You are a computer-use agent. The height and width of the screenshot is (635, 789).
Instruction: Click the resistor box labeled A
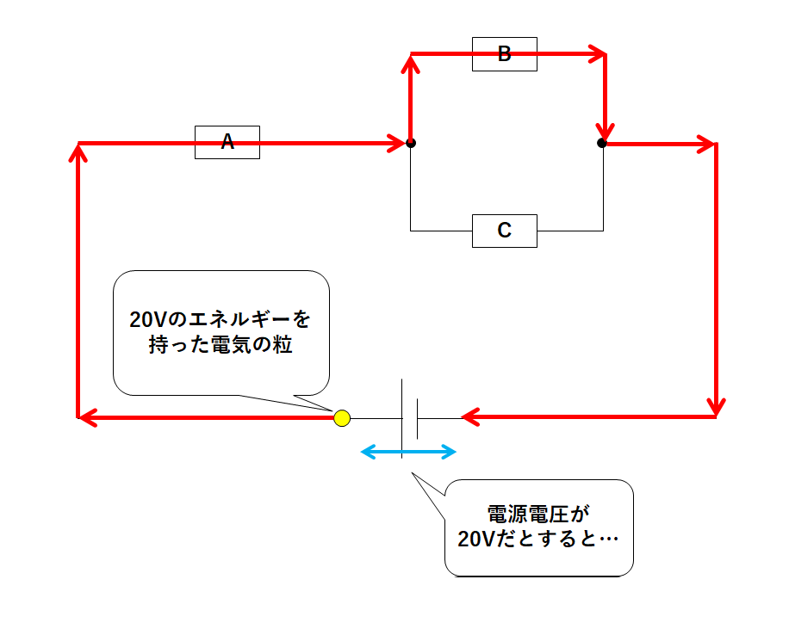[x=227, y=142]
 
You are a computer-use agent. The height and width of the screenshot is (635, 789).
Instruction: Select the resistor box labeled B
[x=505, y=54]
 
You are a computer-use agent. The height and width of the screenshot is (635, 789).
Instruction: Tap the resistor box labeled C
[x=505, y=231]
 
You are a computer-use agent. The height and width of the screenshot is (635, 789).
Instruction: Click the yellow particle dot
[x=342, y=418]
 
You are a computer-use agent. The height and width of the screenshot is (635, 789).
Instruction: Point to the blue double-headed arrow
[x=407, y=451]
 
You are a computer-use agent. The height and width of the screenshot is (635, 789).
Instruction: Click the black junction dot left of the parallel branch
[x=411, y=143]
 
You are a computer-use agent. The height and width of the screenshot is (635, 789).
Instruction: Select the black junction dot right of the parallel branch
[x=602, y=143]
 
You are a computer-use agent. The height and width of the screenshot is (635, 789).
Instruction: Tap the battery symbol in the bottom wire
[x=409, y=418]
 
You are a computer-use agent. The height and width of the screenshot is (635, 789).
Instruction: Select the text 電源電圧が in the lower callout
[x=538, y=515]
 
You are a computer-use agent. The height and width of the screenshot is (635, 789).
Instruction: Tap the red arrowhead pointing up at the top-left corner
[x=79, y=152]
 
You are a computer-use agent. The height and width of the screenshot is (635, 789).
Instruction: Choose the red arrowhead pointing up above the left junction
[x=411, y=64]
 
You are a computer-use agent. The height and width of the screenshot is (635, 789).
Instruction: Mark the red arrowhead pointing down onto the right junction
[x=604, y=129]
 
